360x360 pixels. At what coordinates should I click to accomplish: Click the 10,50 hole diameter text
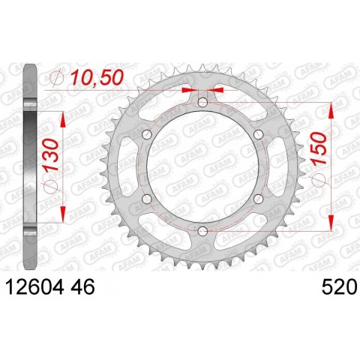point(97,77)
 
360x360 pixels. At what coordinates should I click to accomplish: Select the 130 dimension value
point(51,154)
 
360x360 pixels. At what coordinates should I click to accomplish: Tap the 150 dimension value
point(319,148)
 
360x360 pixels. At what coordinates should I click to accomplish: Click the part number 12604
point(34,287)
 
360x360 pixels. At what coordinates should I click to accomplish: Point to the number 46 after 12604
point(82,287)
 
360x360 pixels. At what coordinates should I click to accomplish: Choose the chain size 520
point(338,287)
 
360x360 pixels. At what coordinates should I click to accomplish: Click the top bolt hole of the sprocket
point(202,102)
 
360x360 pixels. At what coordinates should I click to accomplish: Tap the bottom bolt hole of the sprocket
point(202,231)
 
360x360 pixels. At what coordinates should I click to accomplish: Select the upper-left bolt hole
point(147,134)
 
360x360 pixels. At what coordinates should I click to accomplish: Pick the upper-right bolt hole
point(258,134)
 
